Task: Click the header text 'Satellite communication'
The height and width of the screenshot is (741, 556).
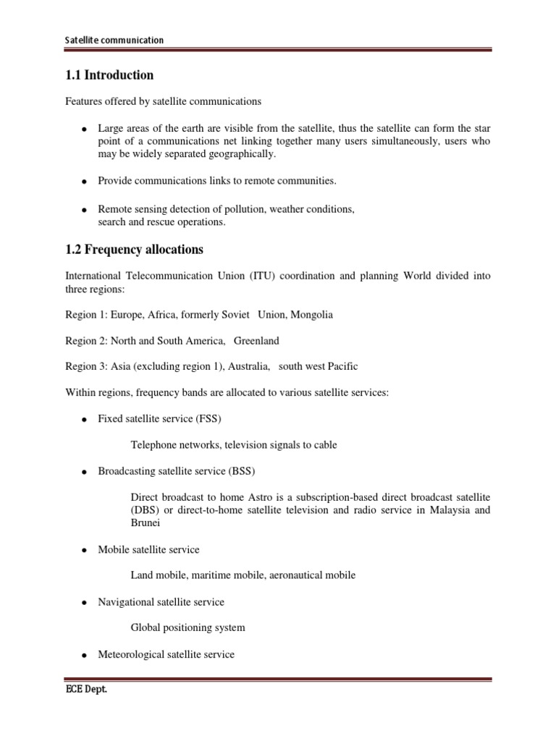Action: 114,41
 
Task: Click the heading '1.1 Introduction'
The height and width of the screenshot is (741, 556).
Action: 109,75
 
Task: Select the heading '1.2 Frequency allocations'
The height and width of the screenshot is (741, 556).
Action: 134,250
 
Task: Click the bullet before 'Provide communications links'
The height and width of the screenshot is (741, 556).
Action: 85,181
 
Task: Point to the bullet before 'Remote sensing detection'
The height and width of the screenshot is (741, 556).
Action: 85,210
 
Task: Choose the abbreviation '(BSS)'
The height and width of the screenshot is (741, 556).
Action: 241,471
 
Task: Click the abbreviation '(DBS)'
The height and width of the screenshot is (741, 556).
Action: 143,510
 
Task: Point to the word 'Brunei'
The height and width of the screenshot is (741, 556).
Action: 146,523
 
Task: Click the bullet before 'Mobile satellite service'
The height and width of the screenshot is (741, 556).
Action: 85,551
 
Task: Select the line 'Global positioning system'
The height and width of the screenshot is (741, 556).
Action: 188,627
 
